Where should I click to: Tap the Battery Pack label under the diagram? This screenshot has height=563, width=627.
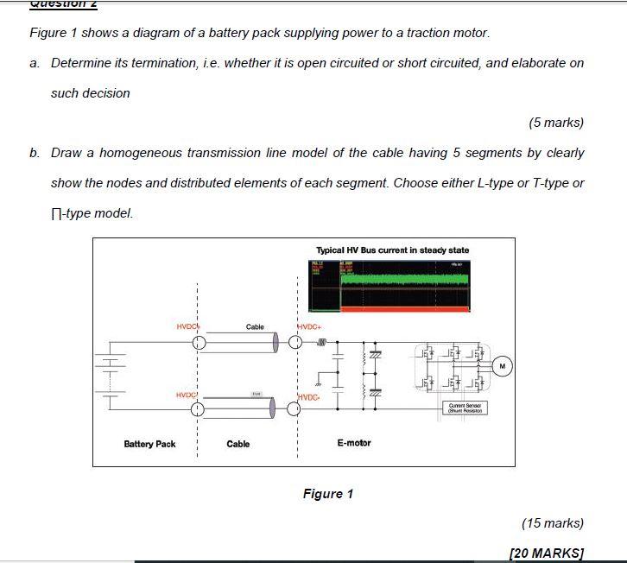pyautogui.click(x=149, y=444)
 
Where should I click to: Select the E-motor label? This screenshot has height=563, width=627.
pyautogui.click(x=354, y=443)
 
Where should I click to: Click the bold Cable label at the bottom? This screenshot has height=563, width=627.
pyautogui.click(x=238, y=444)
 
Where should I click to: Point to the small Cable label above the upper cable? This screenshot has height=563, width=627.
pyautogui.click(x=255, y=327)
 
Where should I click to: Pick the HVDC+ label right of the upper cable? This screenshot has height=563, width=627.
pyautogui.click(x=309, y=327)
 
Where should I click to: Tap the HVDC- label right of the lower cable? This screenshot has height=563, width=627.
pyautogui.click(x=308, y=396)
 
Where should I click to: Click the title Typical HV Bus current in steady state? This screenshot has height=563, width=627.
pyautogui.click(x=393, y=250)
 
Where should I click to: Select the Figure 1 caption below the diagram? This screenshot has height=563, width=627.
pyautogui.click(x=328, y=494)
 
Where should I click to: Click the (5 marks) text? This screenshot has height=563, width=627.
pyautogui.click(x=556, y=123)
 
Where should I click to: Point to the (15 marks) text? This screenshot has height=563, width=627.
pyautogui.click(x=553, y=522)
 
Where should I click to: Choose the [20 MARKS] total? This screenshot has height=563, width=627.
pyautogui.click(x=548, y=553)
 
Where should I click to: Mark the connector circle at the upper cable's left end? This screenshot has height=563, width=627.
pyautogui.click(x=199, y=344)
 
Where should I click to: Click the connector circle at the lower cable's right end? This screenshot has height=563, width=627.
pyautogui.click(x=294, y=408)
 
